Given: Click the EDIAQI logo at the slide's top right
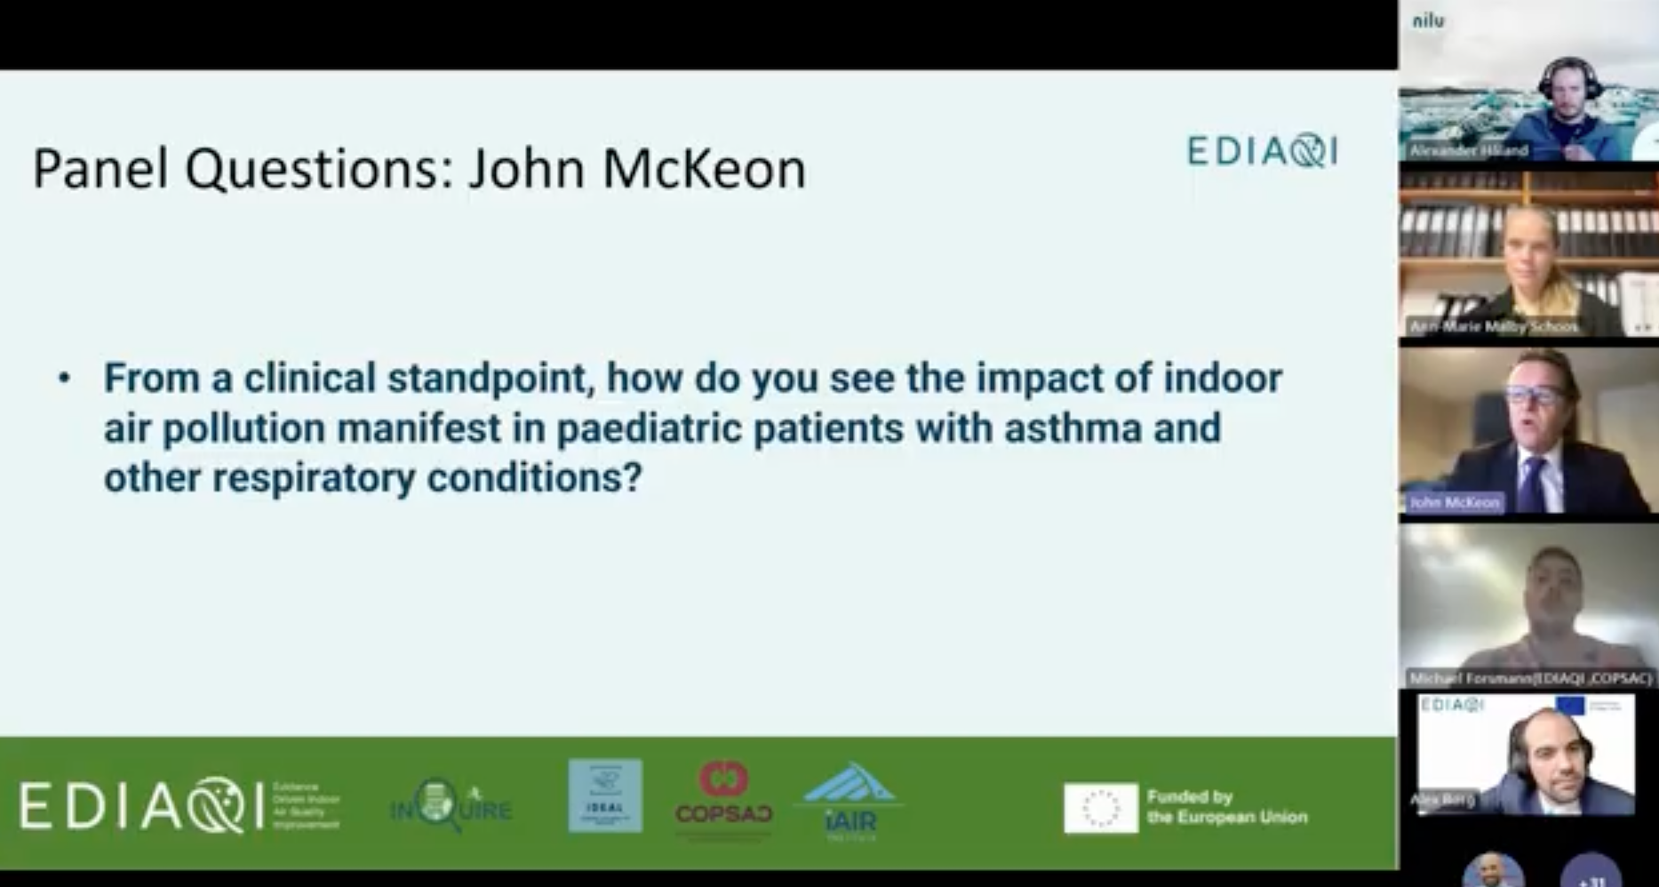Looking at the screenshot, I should [x=1262, y=151].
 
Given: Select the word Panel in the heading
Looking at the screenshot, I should [x=100, y=169].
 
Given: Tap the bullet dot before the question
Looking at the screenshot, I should [x=64, y=379].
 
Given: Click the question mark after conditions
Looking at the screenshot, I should [x=632, y=478].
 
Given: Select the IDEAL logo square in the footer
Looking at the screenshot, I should [x=605, y=795].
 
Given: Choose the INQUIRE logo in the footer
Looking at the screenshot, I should [x=450, y=805].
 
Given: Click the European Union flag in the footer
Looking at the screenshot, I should [x=1100, y=808].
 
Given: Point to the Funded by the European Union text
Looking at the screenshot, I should [x=1226, y=807].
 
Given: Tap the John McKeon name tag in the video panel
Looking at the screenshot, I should [x=1454, y=503].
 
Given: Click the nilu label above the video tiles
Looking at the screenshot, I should [x=1428, y=20].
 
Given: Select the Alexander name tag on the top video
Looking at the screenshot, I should [x=1468, y=150].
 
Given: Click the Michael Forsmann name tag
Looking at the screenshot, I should [x=1529, y=679].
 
